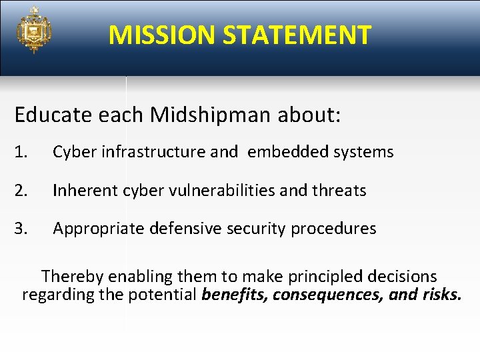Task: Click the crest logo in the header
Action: coord(34,29)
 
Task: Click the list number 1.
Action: coord(21,152)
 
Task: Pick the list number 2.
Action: coord(21,191)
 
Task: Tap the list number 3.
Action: coord(21,229)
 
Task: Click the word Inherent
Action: coord(85,191)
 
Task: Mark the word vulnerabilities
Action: coord(219,191)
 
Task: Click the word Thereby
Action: coord(72,276)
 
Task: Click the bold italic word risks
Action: coord(441,295)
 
